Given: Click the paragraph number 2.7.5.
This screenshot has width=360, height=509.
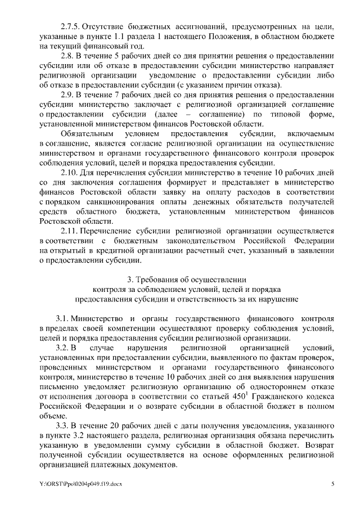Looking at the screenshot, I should (x=70, y=27).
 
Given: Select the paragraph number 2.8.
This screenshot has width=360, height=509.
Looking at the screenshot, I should (x=67, y=57).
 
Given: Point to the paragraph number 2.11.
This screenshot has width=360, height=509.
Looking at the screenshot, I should (x=69, y=232).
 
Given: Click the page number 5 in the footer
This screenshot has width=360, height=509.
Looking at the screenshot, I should (x=333, y=484).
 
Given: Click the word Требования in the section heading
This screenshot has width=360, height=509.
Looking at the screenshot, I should (x=168, y=279).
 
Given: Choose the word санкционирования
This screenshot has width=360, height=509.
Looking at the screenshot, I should (x=100, y=202).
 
